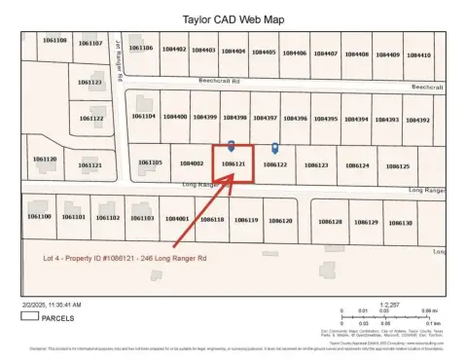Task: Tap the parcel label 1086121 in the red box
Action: click(x=232, y=165)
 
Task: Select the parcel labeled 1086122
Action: click(x=274, y=165)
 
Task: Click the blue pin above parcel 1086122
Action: click(x=274, y=149)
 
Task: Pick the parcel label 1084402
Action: click(x=176, y=50)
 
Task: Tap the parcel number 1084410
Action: click(x=418, y=54)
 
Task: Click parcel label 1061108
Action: click(x=55, y=40)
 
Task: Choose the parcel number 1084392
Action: click(x=417, y=119)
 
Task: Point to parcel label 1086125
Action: click(x=397, y=166)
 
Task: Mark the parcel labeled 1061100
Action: click(x=40, y=216)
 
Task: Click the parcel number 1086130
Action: click(x=400, y=223)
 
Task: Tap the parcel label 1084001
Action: click(x=177, y=219)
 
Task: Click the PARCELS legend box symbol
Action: click(x=28, y=316)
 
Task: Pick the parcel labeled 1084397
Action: click(x=265, y=118)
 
